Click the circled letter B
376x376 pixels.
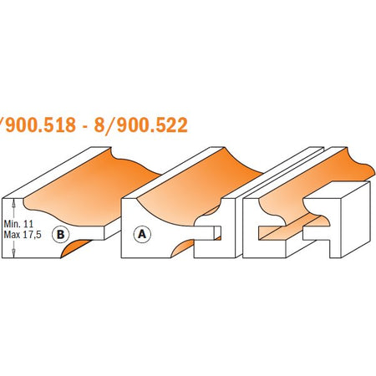[60, 235]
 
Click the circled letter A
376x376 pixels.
[142, 235]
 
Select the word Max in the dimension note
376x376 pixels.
[12, 235]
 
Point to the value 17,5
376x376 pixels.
[32, 235]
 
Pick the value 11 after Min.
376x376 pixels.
[28, 224]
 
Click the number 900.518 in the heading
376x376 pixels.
[40, 124]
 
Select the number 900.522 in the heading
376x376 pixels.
[152, 124]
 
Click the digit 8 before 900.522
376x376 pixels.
[99, 124]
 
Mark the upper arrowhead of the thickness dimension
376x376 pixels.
[13, 203]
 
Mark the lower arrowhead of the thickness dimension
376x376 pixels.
[13, 253]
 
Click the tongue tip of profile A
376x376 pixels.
[217, 232]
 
